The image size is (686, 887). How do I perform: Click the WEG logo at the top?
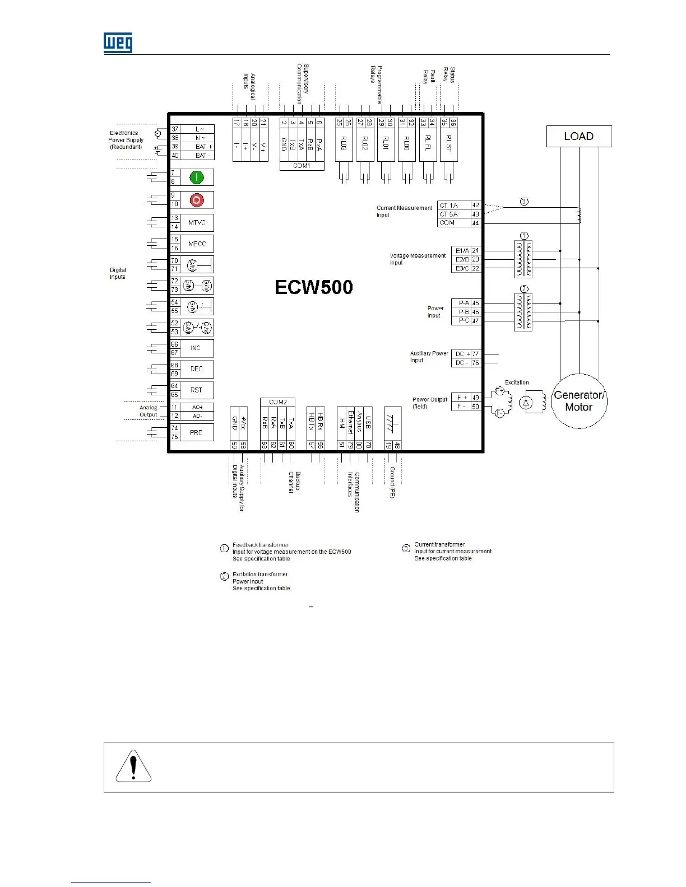(118, 43)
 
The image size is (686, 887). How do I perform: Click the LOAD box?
(578, 137)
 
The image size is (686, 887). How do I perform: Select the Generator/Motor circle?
(578, 401)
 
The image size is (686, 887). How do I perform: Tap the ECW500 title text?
(314, 287)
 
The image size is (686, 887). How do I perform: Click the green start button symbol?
(196, 178)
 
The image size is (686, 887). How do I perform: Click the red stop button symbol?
(196, 200)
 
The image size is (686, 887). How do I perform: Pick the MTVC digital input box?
(197, 222)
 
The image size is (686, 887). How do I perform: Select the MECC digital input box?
(197, 244)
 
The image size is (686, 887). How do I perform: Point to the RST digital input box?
(196, 390)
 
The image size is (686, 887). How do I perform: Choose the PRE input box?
(196, 432)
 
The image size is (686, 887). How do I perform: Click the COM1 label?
(302, 166)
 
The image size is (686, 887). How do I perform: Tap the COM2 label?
(278, 402)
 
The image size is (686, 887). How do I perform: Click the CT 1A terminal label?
(449, 206)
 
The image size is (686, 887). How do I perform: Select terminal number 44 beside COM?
(475, 223)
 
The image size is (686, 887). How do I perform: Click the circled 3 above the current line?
(524, 202)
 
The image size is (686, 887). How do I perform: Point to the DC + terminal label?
(462, 354)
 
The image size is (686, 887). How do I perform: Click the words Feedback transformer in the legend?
(261, 545)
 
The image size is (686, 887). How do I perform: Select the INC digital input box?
(196, 348)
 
